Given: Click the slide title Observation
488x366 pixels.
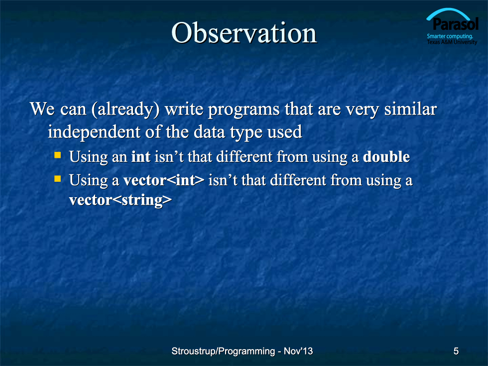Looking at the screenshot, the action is pyautogui.click(x=244, y=32).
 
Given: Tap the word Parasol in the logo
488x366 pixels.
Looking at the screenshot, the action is pyautogui.click(x=456, y=24).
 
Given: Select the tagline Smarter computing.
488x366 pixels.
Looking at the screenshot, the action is pyautogui.click(x=450, y=36).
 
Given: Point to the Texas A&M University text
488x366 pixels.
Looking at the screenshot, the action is pyautogui.click(x=452, y=42).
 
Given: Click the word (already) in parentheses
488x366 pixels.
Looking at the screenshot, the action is pyautogui.click(x=125, y=110).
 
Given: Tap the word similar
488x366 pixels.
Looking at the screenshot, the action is pyautogui.click(x=410, y=109).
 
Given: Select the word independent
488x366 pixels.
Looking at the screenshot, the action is pyautogui.click(x=94, y=132).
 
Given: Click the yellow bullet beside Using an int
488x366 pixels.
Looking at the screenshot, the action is pyautogui.click(x=58, y=155).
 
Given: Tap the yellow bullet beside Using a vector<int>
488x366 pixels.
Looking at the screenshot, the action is pyautogui.click(x=58, y=178).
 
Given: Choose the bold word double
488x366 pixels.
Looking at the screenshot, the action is pyautogui.click(x=386, y=156).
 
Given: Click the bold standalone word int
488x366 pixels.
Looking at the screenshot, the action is pyautogui.click(x=140, y=156).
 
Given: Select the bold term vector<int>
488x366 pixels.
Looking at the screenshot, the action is pyautogui.click(x=164, y=180).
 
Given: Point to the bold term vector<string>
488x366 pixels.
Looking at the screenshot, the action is pyautogui.click(x=121, y=200).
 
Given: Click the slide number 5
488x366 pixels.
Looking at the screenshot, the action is pyautogui.click(x=456, y=351).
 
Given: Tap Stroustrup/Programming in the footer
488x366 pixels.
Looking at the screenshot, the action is pyautogui.click(x=223, y=352).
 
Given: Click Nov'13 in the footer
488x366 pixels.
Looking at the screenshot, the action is pyautogui.click(x=298, y=351).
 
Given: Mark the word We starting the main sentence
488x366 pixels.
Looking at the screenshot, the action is pyautogui.click(x=42, y=109).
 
